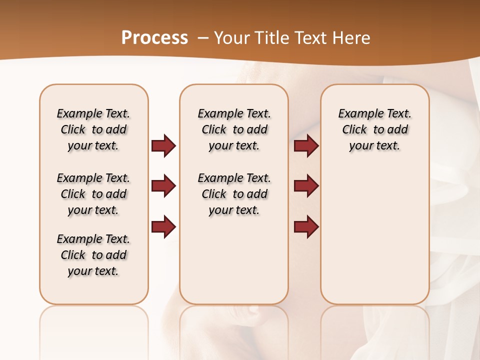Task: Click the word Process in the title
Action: [x=154, y=38]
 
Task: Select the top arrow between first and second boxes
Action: [x=163, y=145]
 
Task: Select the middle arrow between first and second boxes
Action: [x=163, y=186]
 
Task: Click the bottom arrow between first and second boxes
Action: [x=163, y=226]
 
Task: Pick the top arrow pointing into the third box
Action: [x=306, y=145]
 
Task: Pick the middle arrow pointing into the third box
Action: [x=306, y=186]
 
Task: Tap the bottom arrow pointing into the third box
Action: [x=306, y=226]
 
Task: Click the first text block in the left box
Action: [x=93, y=129]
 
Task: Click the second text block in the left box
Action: [x=93, y=194]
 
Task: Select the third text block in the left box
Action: [x=93, y=255]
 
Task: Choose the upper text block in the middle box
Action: [x=234, y=129]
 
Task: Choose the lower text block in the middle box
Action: [x=234, y=194]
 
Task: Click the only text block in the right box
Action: [x=374, y=129]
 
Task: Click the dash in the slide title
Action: [x=203, y=38]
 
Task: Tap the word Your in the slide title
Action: [x=231, y=38]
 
